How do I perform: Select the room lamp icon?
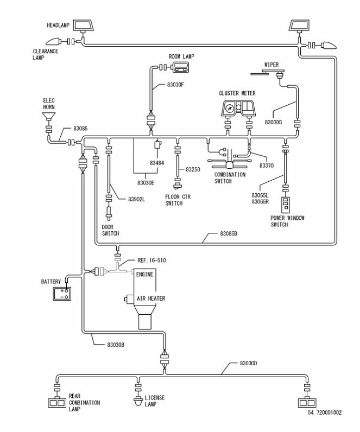180,67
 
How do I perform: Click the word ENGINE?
146,275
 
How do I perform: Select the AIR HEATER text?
143,298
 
